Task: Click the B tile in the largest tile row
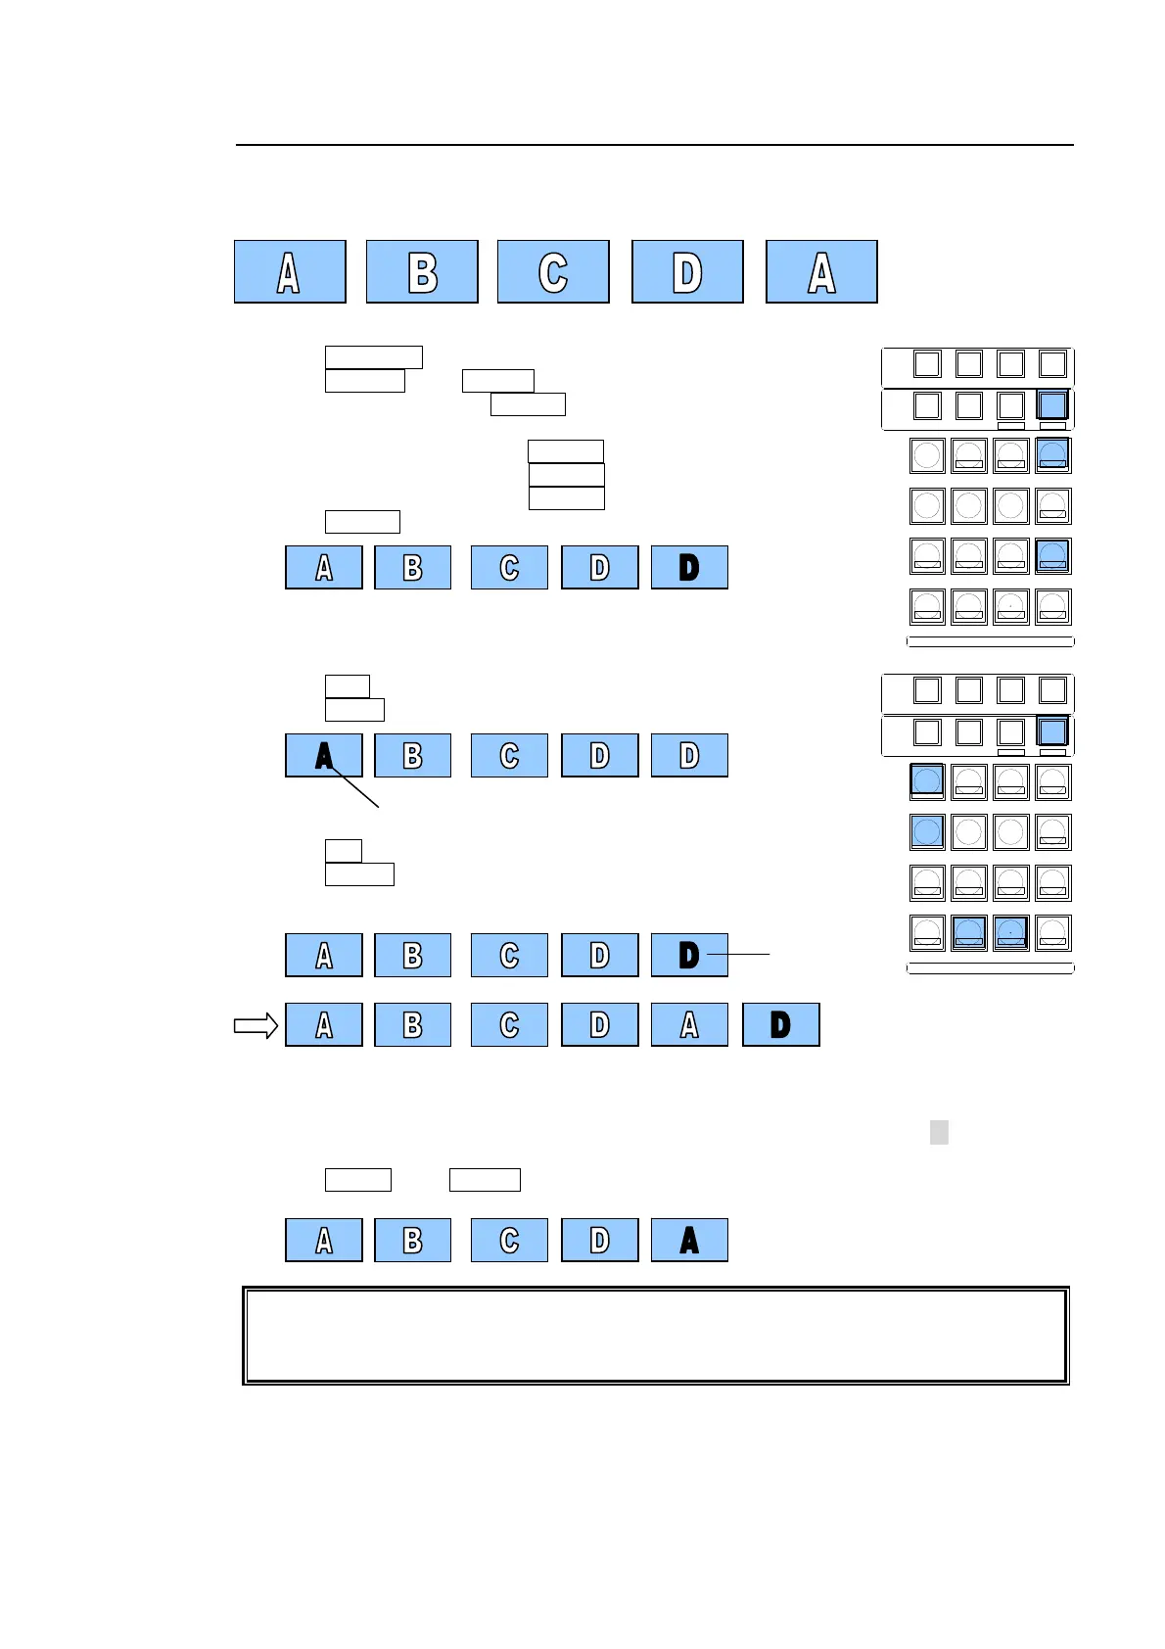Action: (x=422, y=271)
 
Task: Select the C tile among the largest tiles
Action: (x=553, y=271)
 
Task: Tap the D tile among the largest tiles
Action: (x=687, y=271)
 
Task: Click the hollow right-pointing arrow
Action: (x=256, y=1025)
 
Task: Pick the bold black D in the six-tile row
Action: (x=780, y=1024)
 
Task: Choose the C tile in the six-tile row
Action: (x=509, y=1024)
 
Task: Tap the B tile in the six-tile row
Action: (x=413, y=1024)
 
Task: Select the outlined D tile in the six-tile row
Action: (x=600, y=1024)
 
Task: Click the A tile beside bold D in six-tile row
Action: (x=689, y=1024)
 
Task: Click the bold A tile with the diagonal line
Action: (x=324, y=755)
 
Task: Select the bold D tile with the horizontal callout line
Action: (x=689, y=955)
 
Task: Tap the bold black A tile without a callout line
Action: (x=689, y=1240)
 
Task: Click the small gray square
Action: (x=939, y=1132)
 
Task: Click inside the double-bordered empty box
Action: (x=655, y=1336)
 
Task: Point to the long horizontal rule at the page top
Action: (x=655, y=145)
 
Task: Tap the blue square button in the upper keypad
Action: (x=1052, y=405)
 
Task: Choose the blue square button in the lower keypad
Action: (x=1052, y=731)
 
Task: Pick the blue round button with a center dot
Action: (x=1010, y=932)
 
